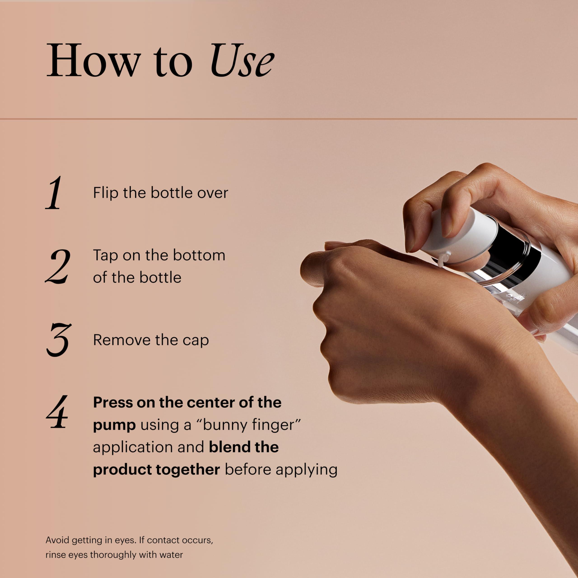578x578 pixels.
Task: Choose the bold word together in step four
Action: pos(188,469)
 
